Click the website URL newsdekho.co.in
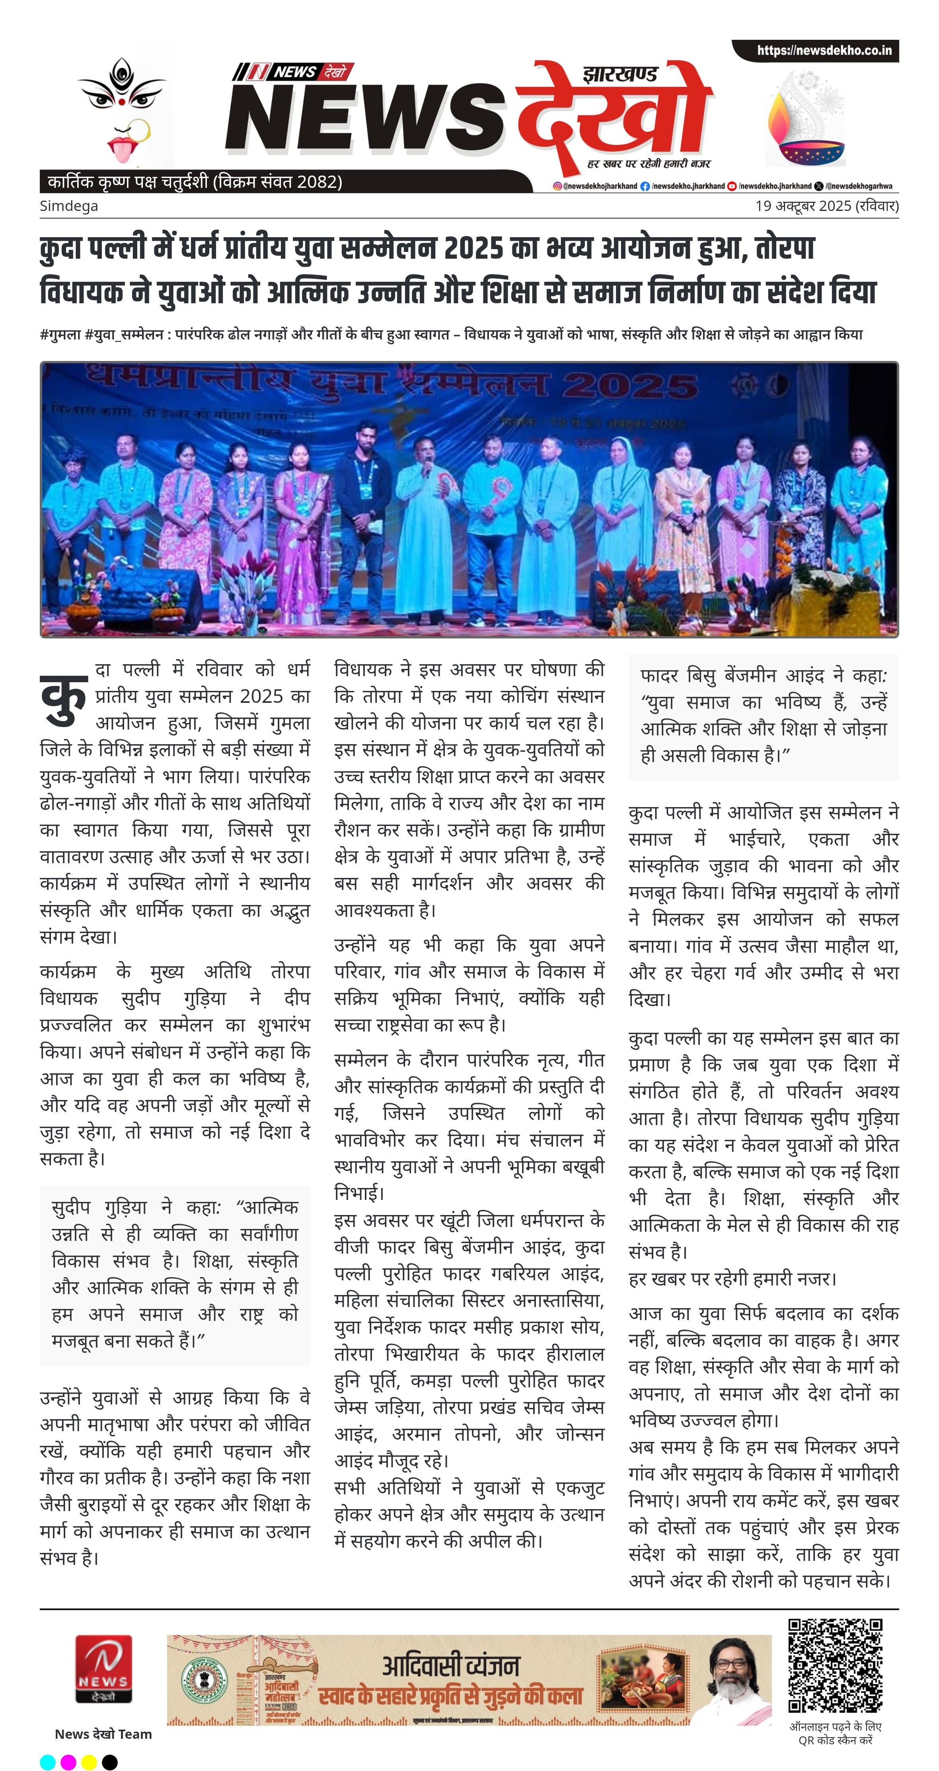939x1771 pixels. click(824, 50)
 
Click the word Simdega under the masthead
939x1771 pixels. click(69, 206)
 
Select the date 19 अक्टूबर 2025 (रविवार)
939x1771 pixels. click(826, 206)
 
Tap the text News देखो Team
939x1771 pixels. click(103, 1734)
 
